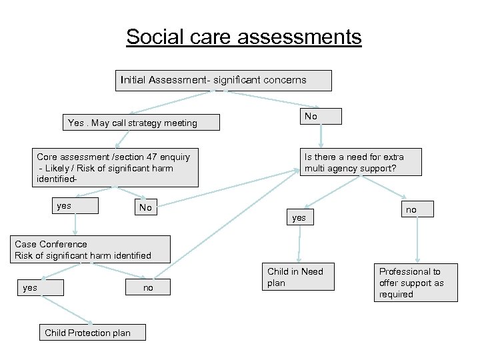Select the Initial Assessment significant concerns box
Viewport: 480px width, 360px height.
coord(223,80)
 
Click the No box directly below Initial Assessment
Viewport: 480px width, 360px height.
coord(320,116)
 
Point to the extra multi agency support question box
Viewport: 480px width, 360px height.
coord(361,162)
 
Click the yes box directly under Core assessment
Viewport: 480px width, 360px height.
coord(75,206)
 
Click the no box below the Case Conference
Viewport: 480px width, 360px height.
coord(147,287)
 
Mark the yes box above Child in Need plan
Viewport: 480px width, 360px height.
coord(299,217)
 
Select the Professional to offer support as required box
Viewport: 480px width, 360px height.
coord(415,283)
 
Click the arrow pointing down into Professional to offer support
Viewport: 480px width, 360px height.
coord(417,240)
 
